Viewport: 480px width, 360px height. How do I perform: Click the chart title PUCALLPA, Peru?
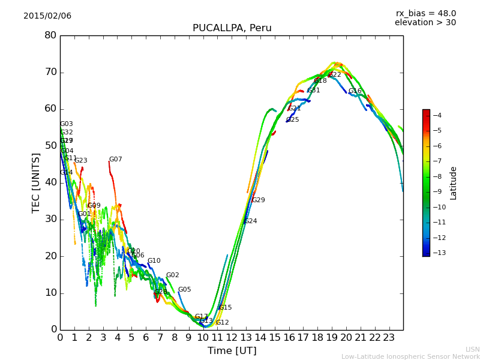pos(232,28)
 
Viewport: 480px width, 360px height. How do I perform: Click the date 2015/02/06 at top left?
pos(47,16)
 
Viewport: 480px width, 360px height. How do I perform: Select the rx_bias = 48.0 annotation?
pos(425,13)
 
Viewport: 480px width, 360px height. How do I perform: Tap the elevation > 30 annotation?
pos(425,23)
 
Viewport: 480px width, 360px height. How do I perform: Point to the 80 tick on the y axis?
pos(50,35)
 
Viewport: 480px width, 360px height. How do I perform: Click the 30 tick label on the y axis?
pos(50,219)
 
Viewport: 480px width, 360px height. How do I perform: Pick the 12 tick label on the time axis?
pos(232,338)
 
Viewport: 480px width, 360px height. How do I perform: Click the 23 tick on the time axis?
pos(389,338)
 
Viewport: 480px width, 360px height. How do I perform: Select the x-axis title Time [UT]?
pos(232,350)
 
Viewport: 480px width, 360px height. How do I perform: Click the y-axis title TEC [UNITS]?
pos(36,182)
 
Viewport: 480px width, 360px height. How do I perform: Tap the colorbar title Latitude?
pos(454,182)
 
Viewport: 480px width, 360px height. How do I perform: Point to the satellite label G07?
pos(115,160)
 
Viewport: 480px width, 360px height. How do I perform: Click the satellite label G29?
pos(258,200)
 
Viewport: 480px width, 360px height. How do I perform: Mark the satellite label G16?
pos(355,91)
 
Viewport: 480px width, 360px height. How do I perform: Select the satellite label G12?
pos(222,323)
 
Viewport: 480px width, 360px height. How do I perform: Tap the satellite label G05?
pos(184,290)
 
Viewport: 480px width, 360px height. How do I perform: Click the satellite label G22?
pos(335,75)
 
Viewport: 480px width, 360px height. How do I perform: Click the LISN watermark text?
pos(472,349)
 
